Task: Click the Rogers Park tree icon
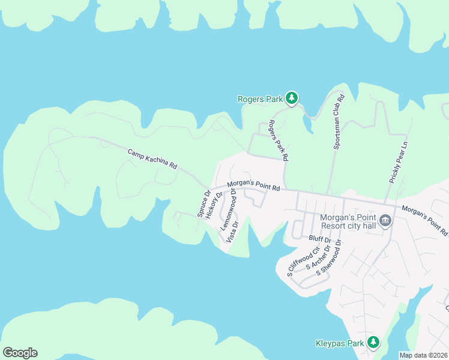coord(292,98)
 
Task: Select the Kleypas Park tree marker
coord(374,342)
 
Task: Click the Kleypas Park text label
coord(340,344)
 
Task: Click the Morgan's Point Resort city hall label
coord(349,221)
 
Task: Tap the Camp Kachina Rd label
coord(152,159)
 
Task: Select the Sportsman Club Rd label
coord(338,122)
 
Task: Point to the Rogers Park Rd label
coord(279,141)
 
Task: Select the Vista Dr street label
coord(232,232)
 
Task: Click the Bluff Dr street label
coord(319,239)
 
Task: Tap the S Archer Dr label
coord(318,257)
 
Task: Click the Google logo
coord(20,353)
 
